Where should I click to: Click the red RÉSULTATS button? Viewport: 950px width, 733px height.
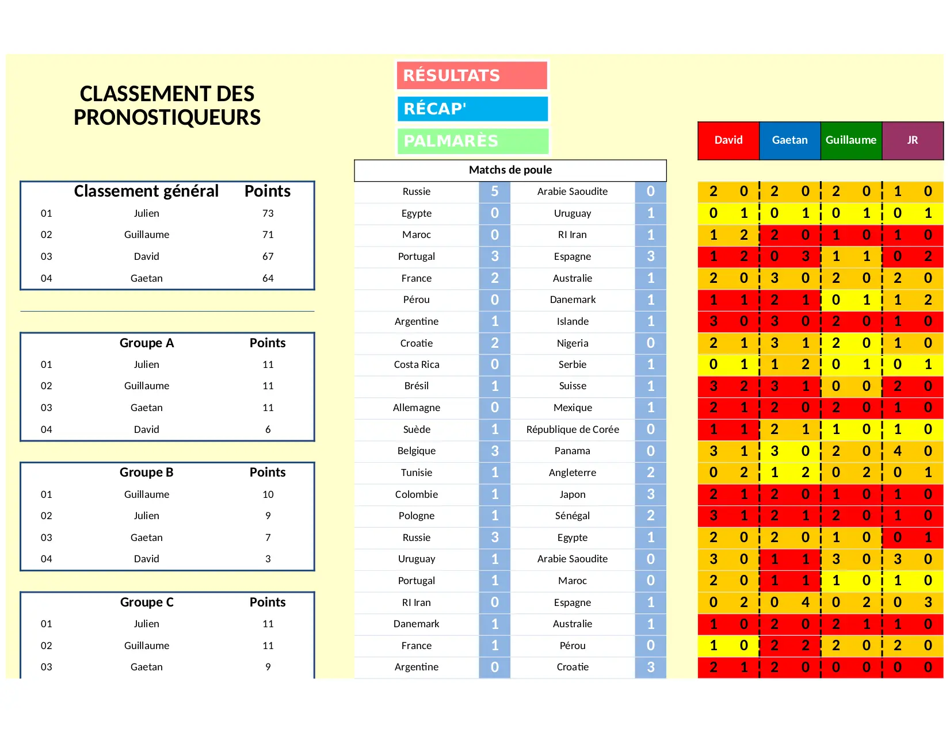472,75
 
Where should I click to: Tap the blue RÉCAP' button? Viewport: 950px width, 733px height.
472,109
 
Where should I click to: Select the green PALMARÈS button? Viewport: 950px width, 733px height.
472,141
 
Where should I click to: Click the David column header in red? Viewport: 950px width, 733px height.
728,140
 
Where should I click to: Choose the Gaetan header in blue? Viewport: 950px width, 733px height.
789,140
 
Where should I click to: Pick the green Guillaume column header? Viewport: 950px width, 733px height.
850,140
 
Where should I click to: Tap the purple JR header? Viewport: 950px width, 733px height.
912,140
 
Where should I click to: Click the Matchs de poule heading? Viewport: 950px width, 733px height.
510,170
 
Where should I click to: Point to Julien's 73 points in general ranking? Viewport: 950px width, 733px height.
268,213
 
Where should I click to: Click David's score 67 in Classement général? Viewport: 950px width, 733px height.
268,256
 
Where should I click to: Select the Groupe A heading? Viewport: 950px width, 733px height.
146,343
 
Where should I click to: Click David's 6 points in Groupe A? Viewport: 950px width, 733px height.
268,429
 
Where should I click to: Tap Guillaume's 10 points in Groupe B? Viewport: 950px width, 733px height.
268,494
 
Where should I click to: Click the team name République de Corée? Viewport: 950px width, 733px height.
573,429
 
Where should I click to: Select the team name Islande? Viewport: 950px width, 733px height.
573,321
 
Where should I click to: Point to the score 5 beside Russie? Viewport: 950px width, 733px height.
494,191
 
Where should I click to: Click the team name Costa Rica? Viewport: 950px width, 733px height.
416,364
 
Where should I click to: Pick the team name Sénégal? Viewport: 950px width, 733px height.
573,516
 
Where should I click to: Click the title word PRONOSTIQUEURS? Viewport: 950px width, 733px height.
167,118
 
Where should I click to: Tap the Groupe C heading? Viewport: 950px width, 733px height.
146,602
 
